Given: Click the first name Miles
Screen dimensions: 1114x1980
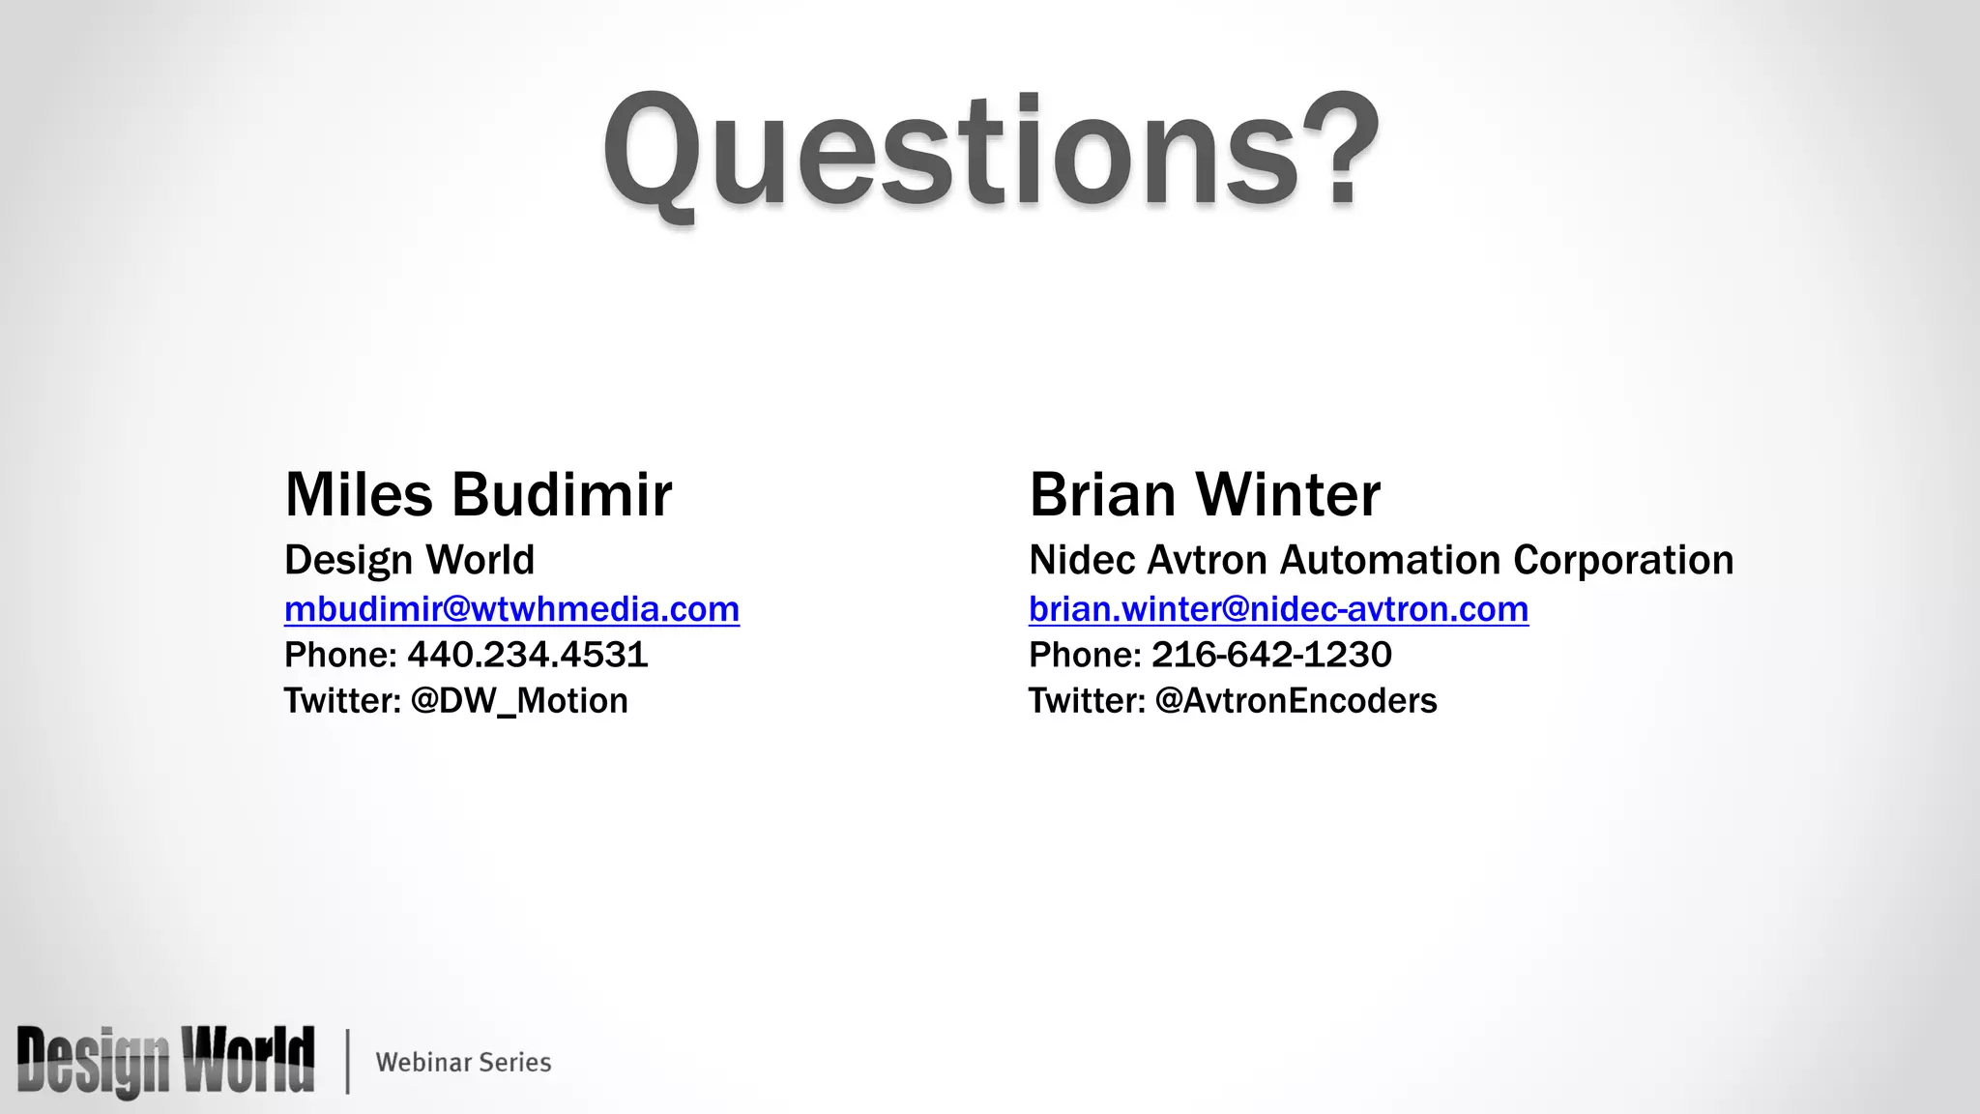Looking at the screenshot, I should [359, 495].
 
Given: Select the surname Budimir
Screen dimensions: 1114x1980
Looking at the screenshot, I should [562, 495].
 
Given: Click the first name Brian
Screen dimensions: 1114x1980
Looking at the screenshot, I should [1102, 495].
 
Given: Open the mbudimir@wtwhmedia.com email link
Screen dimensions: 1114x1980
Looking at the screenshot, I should [511, 609].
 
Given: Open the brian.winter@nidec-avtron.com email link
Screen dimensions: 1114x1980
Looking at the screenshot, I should [1278, 609].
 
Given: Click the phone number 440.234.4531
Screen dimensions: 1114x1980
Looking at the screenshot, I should [527, 655].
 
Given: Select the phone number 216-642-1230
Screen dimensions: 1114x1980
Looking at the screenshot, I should [1271, 655].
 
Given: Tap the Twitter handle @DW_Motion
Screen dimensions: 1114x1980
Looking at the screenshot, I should [519, 700].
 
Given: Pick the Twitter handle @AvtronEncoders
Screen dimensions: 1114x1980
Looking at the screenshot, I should [1296, 700].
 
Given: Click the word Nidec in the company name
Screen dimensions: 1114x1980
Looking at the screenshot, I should [1081, 560].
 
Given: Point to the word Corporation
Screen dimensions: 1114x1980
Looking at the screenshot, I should [1623, 560].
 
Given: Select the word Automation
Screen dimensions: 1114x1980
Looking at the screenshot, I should [1390, 560].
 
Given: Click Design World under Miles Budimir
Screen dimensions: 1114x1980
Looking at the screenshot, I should [409, 560].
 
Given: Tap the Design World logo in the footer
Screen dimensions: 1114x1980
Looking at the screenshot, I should [165, 1061].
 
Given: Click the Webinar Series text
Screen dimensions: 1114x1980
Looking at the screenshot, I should [463, 1062].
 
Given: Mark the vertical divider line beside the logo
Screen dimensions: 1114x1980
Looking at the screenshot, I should [347, 1061].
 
